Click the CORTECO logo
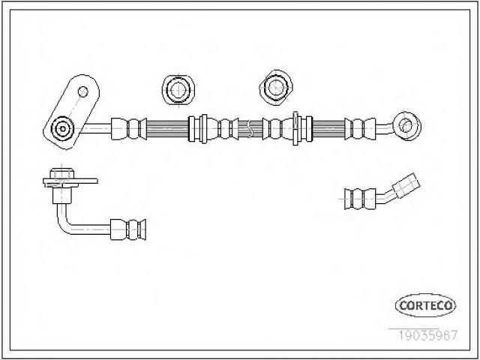425,305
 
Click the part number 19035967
427,335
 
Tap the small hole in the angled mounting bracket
83,91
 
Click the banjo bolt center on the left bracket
62,128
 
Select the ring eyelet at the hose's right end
407,126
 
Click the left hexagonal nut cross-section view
178,89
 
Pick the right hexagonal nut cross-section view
276,88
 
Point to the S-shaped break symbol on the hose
250,128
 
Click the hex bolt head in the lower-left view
61,173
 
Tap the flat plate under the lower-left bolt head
70,181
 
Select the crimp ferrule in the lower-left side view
128,229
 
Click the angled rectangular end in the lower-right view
406,185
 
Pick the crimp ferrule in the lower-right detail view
360,199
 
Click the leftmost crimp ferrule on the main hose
128,128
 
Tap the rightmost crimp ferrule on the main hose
360,128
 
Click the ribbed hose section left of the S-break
167,128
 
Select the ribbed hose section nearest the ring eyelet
328,128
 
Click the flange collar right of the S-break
295,128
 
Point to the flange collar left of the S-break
203,128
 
